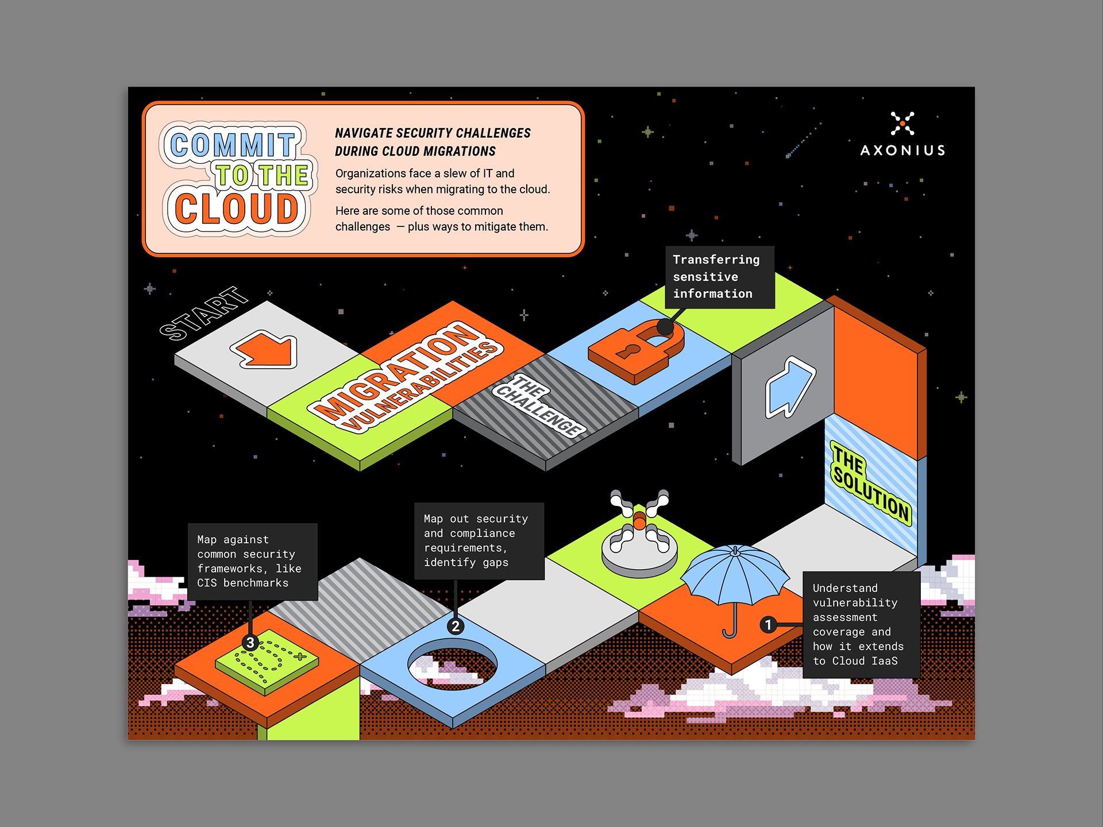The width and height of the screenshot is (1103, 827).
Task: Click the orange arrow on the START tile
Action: [265, 350]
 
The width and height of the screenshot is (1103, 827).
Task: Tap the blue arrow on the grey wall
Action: [789, 387]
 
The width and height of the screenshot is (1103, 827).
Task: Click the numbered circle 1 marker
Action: [768, 624]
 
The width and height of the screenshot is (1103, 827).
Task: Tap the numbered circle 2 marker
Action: [455, 626]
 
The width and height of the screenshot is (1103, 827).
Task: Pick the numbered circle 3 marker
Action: [250, 643]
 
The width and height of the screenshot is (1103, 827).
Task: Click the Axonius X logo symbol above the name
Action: [903, 123]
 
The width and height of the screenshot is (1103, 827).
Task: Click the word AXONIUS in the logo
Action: [903, 150]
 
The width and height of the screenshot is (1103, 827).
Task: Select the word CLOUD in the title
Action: [237, 208]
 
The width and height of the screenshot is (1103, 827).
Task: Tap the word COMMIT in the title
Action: [233, 144]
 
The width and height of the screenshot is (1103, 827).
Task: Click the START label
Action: [203, 314]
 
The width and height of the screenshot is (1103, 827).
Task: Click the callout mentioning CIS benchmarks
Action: [253, 562]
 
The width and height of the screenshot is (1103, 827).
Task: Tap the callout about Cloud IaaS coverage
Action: [861, 624]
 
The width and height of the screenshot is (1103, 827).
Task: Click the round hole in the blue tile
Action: [452, 666]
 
